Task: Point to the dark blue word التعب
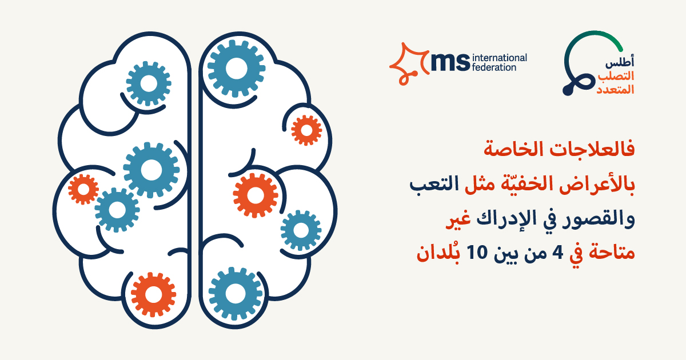434,184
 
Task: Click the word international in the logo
500,58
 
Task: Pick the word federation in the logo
494,67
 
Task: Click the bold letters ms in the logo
450,62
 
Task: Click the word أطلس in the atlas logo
620,62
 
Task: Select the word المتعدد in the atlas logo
615,89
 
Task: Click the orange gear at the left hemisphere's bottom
153,294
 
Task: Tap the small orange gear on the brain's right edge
306,130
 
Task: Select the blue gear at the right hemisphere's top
236,69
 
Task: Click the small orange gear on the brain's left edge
83,189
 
